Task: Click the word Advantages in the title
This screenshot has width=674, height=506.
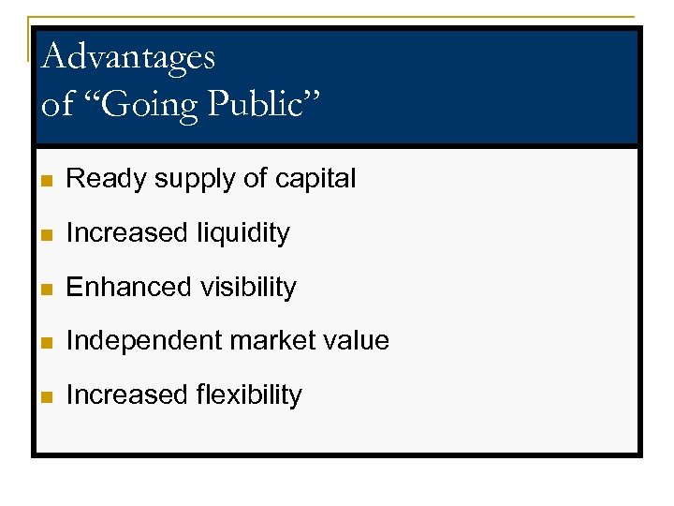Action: (128, 57)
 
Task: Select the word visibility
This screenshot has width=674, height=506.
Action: (246, 288)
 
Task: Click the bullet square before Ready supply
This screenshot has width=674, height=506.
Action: (49, 180)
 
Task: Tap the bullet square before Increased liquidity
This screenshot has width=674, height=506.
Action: (49, 234)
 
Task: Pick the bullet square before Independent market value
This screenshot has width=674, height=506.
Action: (49, 342)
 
